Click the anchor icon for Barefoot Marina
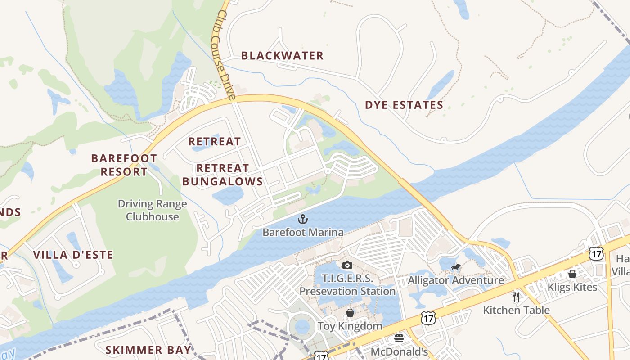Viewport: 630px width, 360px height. [303, 220]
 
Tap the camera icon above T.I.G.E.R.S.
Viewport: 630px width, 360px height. [347, 265]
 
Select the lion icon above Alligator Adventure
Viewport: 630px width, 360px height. [455, 267]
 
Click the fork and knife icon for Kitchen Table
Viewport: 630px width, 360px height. [516, 297]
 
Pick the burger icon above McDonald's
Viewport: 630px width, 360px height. [399, 338]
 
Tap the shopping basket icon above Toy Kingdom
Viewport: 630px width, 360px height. [350, 313]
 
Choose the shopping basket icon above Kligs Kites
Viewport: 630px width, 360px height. [572, 274]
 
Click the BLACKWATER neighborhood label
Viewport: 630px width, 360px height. [282, 56]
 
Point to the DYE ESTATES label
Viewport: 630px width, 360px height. [404, 105]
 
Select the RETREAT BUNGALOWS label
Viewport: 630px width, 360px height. [229, 175]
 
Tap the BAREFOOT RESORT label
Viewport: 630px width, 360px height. [124, 165]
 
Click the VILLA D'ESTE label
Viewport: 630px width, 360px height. [73, 255]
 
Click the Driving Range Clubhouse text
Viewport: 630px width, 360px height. [152, 210]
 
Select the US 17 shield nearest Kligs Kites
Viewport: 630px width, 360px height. [596, 254]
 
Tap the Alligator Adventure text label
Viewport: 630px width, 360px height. [456, 280]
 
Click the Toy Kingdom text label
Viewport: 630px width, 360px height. [350, 326]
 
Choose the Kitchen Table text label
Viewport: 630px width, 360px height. [516, 310]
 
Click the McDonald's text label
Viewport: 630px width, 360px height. [399, 351]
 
